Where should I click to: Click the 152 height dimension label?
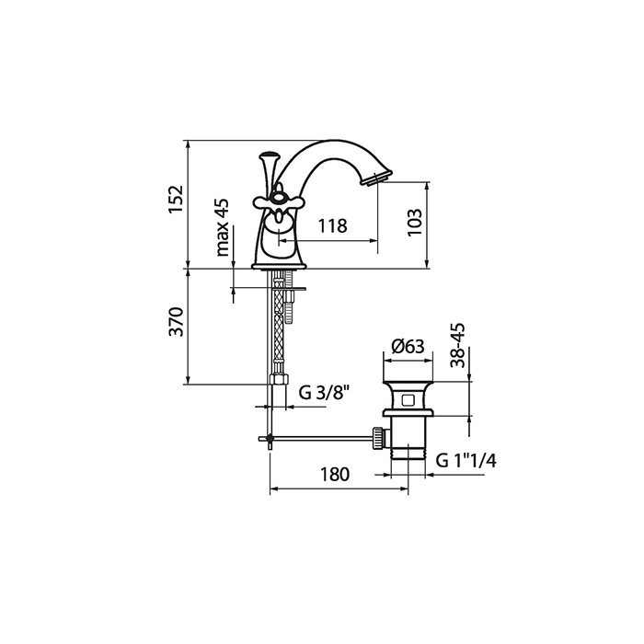click(177, 199)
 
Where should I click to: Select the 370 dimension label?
click(177, 321)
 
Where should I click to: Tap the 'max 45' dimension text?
click(223, 227)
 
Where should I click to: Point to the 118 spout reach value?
click(333, 226)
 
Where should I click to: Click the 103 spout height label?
click(415, 223)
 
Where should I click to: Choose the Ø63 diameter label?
click(408, 347)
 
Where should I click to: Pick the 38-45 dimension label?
click(457, 345)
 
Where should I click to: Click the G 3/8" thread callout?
click(324, 393)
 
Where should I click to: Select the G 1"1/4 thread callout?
click(466, 461)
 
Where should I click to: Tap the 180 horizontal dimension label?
click(335, 475)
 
